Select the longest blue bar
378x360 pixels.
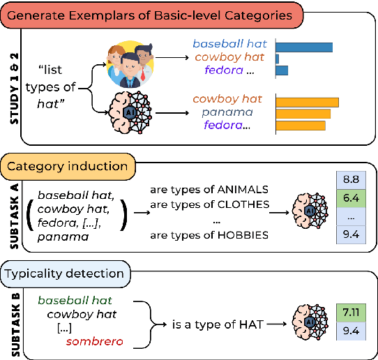(x=305, y=47)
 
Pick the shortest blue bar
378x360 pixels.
(x=278, y=59)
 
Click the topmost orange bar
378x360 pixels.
(x=308, y=103)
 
